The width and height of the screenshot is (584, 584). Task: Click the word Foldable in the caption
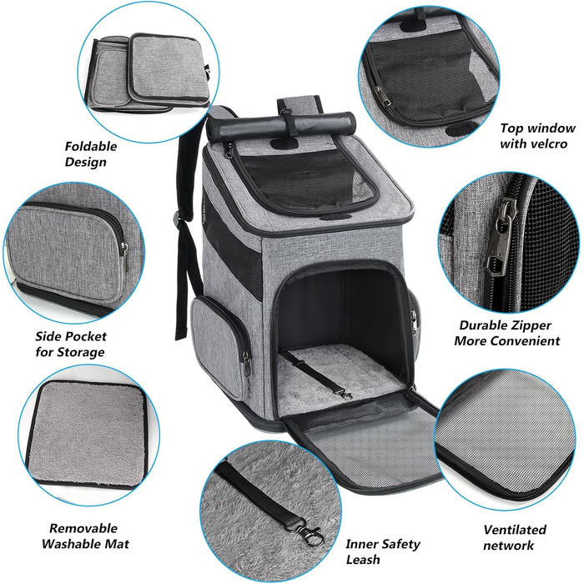tap(90, 146)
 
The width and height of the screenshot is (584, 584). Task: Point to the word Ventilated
tap(515, 529)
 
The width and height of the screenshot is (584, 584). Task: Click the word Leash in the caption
tap(363, 559)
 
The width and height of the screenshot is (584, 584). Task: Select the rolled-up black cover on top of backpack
tap(281, 127)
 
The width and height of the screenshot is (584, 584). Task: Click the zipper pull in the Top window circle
tap(382, 97)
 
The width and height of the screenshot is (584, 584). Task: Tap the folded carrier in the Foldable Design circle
tap(147, 73)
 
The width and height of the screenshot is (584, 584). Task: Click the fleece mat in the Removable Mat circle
tap(87, 434)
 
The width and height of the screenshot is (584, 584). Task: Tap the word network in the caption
tap(508, 546)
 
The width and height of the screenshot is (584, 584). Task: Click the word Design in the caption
tap(85, 162)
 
